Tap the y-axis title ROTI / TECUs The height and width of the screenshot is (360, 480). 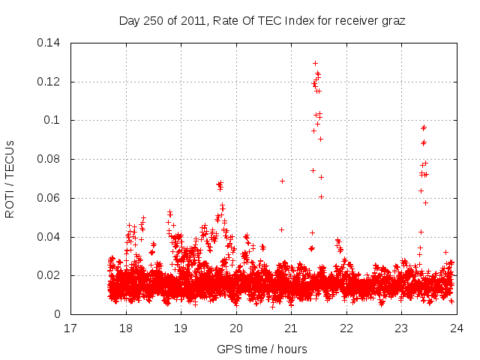coord(10,178)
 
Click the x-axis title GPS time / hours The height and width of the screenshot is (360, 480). coord(262,349)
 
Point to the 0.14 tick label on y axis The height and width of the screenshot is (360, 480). coord(50,42)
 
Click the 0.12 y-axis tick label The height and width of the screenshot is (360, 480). coord(50,81)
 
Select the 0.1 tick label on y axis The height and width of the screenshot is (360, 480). coord(53,120)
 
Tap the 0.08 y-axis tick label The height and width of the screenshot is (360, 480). coord(50,159)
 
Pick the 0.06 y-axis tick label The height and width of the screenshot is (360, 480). coord(50,198)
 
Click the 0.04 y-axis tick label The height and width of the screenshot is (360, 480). coord(50,237)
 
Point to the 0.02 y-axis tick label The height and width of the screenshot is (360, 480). coord(50,276)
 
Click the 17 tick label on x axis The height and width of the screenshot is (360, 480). coord(70,328)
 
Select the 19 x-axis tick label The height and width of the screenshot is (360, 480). coord(181,328)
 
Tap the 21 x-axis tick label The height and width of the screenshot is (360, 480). coord(291,328)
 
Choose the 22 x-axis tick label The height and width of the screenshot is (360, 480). coord(346,328)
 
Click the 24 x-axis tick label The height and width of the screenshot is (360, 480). coord(456,328)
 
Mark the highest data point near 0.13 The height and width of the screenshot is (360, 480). coord(315,63)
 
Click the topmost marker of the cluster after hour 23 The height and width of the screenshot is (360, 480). coord(424,127)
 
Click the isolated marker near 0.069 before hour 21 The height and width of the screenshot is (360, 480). coord(282,181)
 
